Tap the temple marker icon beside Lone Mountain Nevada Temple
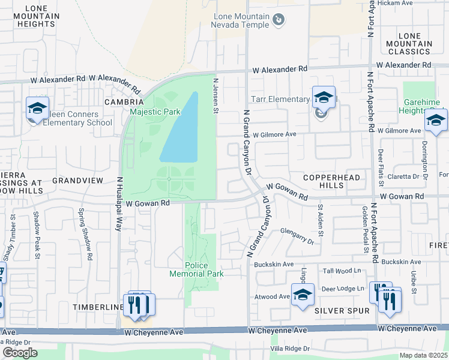coord(279,20)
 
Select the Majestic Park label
coord(155,112)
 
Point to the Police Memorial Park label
coord(205,269)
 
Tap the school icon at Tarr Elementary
coord(323,97)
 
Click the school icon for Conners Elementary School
coord(37,108)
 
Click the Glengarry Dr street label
coord(293,238)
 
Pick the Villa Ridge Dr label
coord(289,348)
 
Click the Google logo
coord(20,353)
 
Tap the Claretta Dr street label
coord(403,176)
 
